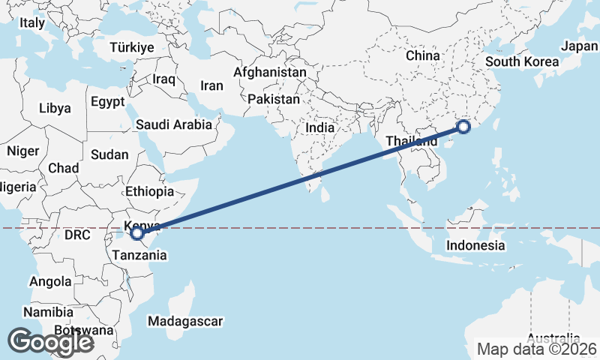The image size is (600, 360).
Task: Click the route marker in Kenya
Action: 137,233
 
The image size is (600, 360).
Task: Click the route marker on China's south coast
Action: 463,127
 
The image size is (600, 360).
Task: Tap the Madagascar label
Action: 185,322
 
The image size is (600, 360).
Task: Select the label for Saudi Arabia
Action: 174,125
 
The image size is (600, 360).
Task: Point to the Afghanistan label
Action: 269,73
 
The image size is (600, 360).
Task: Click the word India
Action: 319,128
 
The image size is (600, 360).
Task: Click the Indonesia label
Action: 475,245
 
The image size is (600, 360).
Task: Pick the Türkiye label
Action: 131,47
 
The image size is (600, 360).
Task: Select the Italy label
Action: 32,23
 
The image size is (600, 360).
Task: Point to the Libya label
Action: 54,108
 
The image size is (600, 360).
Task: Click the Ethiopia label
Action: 150,191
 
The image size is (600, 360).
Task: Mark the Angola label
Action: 51,282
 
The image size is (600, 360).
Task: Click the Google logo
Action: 50,342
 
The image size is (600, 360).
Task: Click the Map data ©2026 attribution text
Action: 538,349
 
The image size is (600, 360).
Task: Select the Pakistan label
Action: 274,99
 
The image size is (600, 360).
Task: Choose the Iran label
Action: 212,85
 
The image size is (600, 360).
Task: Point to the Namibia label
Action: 48,312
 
